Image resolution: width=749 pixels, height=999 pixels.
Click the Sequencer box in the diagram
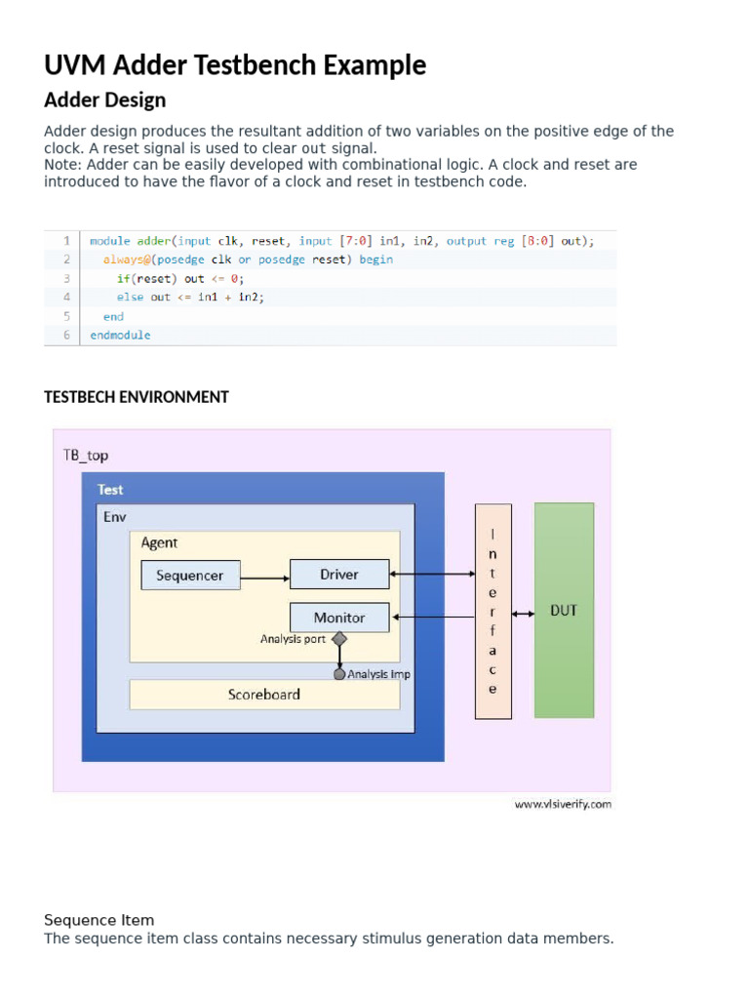[190, 576]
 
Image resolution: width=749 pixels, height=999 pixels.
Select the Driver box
[339, 575]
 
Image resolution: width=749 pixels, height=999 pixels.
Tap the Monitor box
[339, 618]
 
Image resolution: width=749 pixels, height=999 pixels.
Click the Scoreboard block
[264, 695]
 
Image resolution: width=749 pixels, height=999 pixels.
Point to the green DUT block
[564, 611]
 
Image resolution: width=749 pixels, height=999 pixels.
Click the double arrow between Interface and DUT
[523, 613]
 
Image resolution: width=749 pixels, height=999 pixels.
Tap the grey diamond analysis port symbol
[339, 639]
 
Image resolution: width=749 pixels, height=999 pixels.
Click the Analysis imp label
[378, 674]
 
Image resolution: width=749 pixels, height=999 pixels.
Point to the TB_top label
[86, 455]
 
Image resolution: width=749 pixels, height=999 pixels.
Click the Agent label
[159, 543]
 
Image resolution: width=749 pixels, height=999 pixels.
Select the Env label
[115, 516]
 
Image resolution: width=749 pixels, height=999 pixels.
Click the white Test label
[110, 490]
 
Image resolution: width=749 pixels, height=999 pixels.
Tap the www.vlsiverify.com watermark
[563, 805]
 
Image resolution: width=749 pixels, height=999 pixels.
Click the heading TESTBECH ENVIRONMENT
[137, 397]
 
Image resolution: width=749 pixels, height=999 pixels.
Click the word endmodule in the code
[120, 335]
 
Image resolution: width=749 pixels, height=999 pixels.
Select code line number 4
[66, 297]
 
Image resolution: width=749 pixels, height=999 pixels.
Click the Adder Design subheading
[105, 100]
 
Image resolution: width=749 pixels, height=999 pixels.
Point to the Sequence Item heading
[99, 920]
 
